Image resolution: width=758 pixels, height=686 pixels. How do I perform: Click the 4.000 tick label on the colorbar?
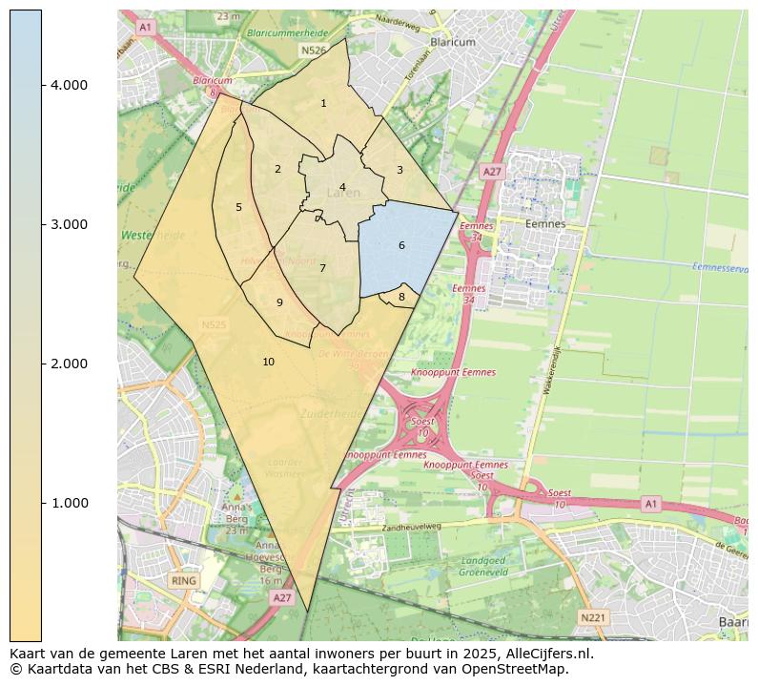69,85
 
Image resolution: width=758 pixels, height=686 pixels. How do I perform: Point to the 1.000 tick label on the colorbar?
69,503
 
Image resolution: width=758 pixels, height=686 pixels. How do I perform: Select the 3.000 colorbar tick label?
69,224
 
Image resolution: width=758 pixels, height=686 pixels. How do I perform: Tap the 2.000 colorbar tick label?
69,364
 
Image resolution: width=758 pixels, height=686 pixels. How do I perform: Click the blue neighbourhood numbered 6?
401,245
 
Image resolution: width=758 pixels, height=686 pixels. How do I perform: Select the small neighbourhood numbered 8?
401,297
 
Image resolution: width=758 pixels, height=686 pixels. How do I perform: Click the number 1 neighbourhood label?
323,103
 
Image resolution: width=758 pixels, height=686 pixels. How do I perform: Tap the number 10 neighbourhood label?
268,362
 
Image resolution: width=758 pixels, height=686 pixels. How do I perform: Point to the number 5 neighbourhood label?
238,207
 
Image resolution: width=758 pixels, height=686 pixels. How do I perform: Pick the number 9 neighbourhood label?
279,302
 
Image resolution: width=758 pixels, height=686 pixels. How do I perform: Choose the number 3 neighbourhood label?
399,170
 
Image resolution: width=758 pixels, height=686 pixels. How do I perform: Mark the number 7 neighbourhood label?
322,268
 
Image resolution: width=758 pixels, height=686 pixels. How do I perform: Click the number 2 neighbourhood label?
277,169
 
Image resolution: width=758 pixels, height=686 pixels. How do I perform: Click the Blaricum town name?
453,42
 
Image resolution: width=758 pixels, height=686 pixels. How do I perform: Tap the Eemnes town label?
545,224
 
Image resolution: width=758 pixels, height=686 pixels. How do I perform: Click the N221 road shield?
592,618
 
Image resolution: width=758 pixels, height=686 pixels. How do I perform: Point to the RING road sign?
183,580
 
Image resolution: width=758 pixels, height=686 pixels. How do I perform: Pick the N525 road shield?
215,325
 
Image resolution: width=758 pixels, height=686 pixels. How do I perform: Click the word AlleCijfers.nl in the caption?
541,654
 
